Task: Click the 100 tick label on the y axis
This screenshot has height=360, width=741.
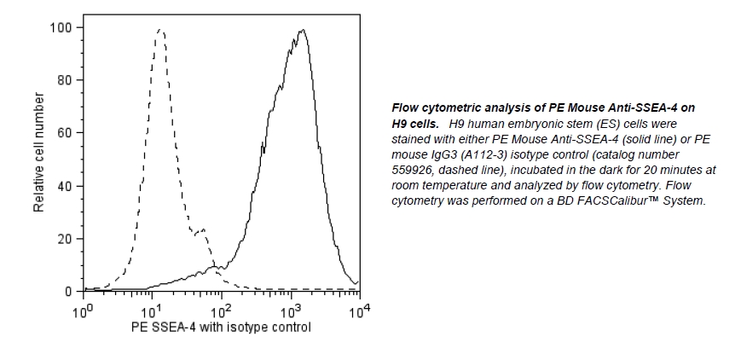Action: pyautogui.click(x=62, y=27)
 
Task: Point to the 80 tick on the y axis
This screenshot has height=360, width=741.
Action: pyautogui.click(x=66, y=80)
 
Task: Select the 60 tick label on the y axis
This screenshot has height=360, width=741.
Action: pyautogui.click(x=66, y=133)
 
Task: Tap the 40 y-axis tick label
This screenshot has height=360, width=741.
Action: pyautogui.click(x=66, y=186)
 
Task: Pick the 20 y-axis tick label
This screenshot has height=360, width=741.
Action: pyautogui.click(x=66, y=239)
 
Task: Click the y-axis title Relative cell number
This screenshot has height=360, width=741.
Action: pyautogui.click(x=38, y=159)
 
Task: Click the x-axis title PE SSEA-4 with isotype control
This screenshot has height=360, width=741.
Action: pyautogui.click(x=221, y=327)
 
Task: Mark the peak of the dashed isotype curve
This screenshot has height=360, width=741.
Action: pyautogui.click(x=159, y=30)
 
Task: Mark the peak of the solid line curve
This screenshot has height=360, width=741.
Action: pyautogui.click(x=301, y=31)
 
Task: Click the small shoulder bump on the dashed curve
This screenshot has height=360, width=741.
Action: pyautogui.click(x=202, y=230)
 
